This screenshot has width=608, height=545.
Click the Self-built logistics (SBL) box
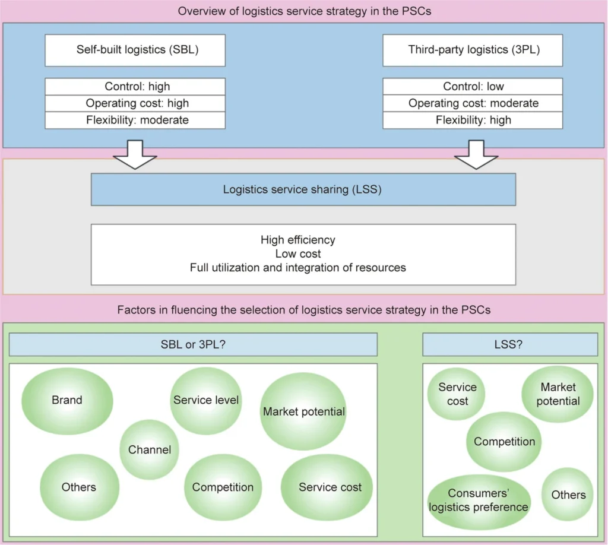pos(135,49)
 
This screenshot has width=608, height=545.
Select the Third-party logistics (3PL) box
pos(473,49)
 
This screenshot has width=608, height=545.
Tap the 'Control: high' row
pos(135,87)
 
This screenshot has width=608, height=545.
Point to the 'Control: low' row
pos(473,87)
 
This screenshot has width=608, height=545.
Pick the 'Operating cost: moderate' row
pos(473,103)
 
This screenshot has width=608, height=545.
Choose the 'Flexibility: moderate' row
pos(135,120)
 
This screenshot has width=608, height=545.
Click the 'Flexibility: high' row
pos(473,120)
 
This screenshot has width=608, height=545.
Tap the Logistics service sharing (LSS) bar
pos(303,190)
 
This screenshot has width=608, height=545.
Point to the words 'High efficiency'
pos(297,240)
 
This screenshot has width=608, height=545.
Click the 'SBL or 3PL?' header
pos(194,344)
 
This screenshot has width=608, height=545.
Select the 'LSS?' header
pos(510,344)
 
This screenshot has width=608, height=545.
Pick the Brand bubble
pos(67,400)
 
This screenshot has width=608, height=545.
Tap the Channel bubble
pos(150,449)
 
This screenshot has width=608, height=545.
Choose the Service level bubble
pos(205,400)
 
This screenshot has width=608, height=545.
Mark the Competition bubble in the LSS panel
pos(504,442)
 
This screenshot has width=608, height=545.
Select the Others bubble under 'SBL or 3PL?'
pos(78,487)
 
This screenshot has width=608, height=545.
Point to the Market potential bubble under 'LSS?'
pos(558,394)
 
